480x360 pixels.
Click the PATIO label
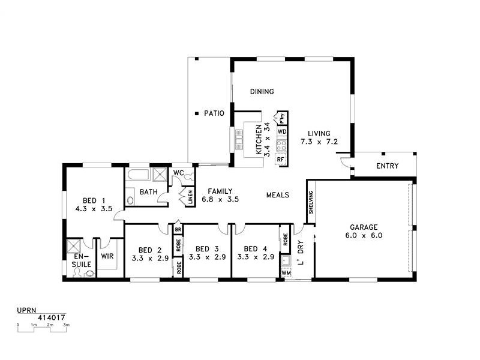[214, 113]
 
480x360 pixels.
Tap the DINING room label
[262, 92]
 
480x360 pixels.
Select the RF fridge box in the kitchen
[280, 160]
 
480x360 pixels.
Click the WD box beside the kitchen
[281, 131]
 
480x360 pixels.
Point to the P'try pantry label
[281, 118]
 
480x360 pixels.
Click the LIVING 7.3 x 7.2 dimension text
[320, 143]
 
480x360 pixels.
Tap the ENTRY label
[387, 166]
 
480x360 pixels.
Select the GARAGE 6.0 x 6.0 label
[364, 232]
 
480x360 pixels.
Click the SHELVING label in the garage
[311, 203]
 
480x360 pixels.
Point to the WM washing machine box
[285, 273]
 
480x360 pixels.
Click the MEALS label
[278, 195]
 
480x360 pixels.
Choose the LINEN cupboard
[190, 197]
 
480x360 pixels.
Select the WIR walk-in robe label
[108, 256]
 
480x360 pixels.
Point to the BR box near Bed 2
[178, 229]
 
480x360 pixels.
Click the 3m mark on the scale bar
[67, 325]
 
